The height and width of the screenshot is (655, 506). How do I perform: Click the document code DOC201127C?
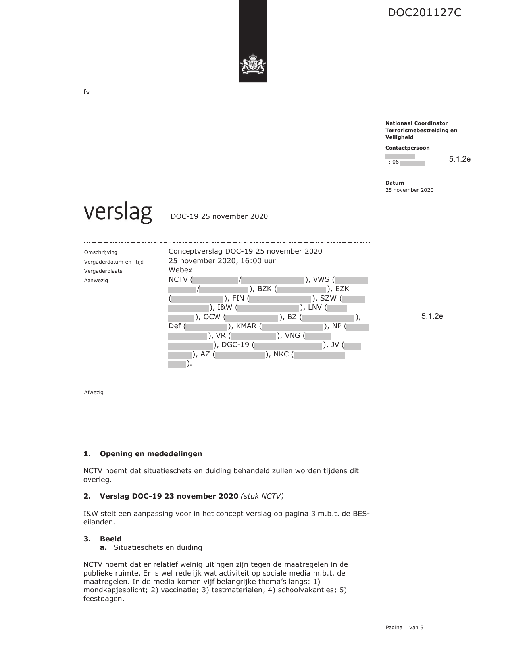tap(424, 13)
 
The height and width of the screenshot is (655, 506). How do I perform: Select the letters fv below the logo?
tap(87, 92)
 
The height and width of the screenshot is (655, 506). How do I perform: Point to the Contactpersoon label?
tap(407, 148)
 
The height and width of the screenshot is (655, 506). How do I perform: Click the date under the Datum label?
tap(409, 190)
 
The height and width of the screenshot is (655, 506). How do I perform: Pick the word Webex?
tap(180, 270)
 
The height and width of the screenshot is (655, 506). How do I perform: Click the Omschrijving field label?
tap(101, 252)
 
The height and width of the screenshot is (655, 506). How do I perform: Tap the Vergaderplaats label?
tap(103, 271)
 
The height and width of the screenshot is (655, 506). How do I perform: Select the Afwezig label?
tap(94, 393)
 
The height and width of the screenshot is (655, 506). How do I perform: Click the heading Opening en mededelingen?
tap(151, 454)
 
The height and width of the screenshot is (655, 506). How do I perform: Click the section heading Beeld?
tap(111, 539)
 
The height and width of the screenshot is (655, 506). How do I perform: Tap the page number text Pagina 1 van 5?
tap(404, 628)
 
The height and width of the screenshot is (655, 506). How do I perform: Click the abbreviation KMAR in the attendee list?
tap(246, 326)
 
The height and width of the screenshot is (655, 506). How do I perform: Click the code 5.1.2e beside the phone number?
tap(460, 159)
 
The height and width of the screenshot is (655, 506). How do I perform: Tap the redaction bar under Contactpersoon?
tap(400, 156)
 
